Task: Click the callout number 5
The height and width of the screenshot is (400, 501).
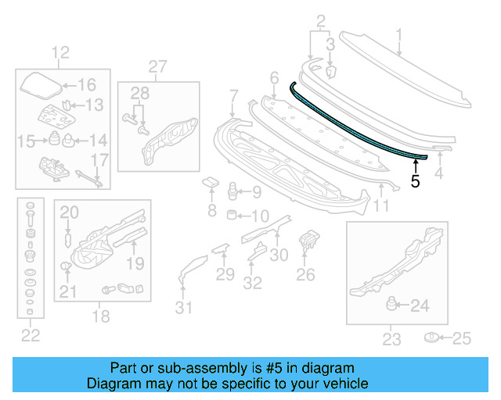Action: tap(415, 181)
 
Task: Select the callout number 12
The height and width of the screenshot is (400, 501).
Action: tap(61, 53)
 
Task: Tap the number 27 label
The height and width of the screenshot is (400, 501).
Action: tap(158, 66)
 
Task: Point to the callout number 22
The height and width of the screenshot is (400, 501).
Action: tap(30, 336)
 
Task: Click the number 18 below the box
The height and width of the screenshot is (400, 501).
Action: tap(102, 316)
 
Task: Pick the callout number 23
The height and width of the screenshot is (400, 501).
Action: tap(391, 339)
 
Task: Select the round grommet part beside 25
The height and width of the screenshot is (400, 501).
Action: tap(431, 337)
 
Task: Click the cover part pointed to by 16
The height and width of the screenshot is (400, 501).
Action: tap(39, 84)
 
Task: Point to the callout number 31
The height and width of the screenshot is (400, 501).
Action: tap(182, 308)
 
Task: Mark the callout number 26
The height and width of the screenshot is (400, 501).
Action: tap(305, 274)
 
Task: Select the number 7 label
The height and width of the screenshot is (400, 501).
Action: tap(232, 96)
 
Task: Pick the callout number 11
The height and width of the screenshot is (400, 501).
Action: tap(381, 206)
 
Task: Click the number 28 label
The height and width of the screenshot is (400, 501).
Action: tap(139, 95)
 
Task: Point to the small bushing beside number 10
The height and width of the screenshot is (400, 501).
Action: tap(232, 215)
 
